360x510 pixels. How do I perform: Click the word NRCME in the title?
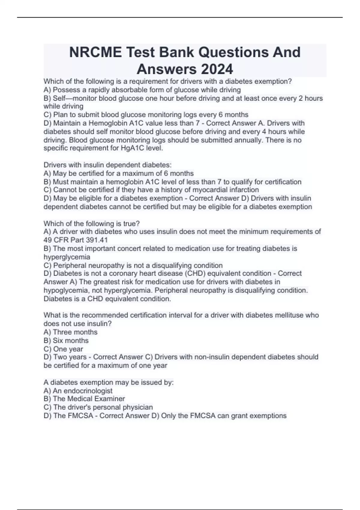tap(95, 52)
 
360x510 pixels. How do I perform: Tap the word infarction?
tap(244, 190)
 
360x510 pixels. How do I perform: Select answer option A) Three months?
tap(70, 332)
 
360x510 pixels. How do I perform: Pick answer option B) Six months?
tap(66, 340)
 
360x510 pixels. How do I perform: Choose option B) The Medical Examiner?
tap(84, 399)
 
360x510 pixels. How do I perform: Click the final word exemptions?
tap(268, 416)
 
